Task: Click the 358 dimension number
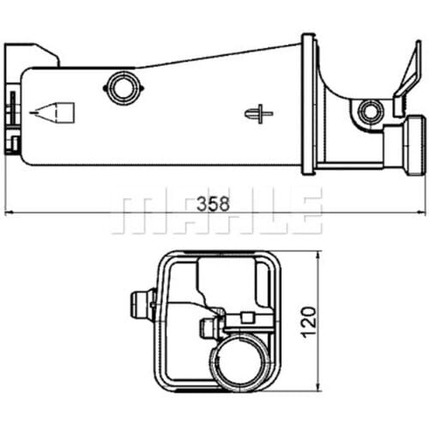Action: [x=213, y=203]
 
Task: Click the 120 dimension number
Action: [x=309, y=322]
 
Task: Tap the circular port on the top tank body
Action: [x=124, y=88]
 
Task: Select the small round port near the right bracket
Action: [x=371, y=111]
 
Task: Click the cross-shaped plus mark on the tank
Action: [x=259, y=114]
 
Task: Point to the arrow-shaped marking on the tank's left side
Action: [x=52, y=113]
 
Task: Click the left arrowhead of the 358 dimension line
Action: [x=9, y=213]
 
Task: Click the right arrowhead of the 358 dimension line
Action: [x=421, y=212]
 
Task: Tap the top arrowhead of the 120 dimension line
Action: [x=317, y=255]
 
